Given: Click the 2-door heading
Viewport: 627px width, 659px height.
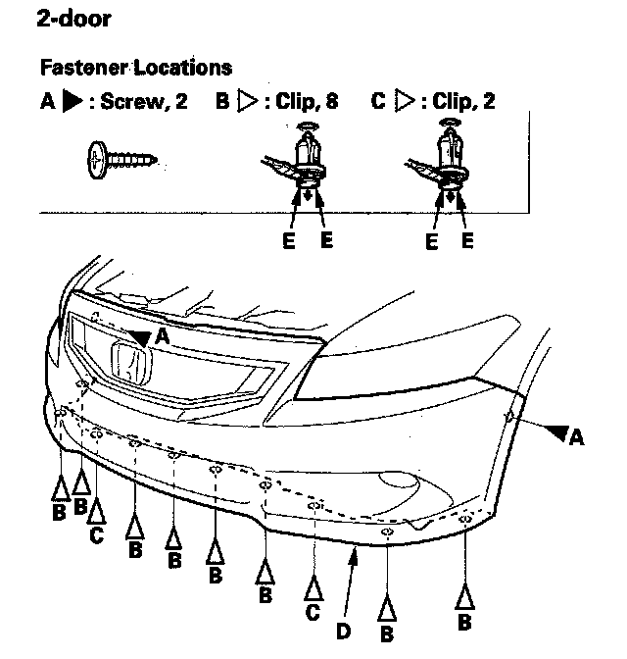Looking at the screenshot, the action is pyautogui.click(x=73, y=19).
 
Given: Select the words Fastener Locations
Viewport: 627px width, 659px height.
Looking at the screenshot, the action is pyautogui.click(x=136, y=68).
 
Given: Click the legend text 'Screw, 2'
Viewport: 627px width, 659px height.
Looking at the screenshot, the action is pyautogui.click(x=145, y=102).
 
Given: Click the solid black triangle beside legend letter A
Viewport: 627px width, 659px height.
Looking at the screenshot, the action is pyautogui.click(x=70, y=102).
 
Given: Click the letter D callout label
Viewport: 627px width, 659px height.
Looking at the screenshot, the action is pyautogui.click(x=344, y=632).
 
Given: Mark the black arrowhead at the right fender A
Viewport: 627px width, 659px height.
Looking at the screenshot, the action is pyautogui.click(x=557, y=431).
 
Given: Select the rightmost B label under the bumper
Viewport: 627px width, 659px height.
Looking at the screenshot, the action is pyautogui.click(x=465, y=621).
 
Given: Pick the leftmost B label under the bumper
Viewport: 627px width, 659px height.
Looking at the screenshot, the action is pyautogui.click(x=60, y=511).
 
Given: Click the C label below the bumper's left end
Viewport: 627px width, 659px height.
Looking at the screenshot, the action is pyautogui.click(x=96, y=535).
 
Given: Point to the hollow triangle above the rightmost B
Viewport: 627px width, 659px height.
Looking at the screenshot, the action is pyautogui.click(x=465, y=595).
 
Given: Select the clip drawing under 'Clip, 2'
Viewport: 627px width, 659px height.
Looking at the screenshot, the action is pyautogui.click(x=448, y=163).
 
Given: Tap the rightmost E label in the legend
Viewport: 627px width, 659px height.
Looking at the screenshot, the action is pyautogui.click(x=467, y=240).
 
